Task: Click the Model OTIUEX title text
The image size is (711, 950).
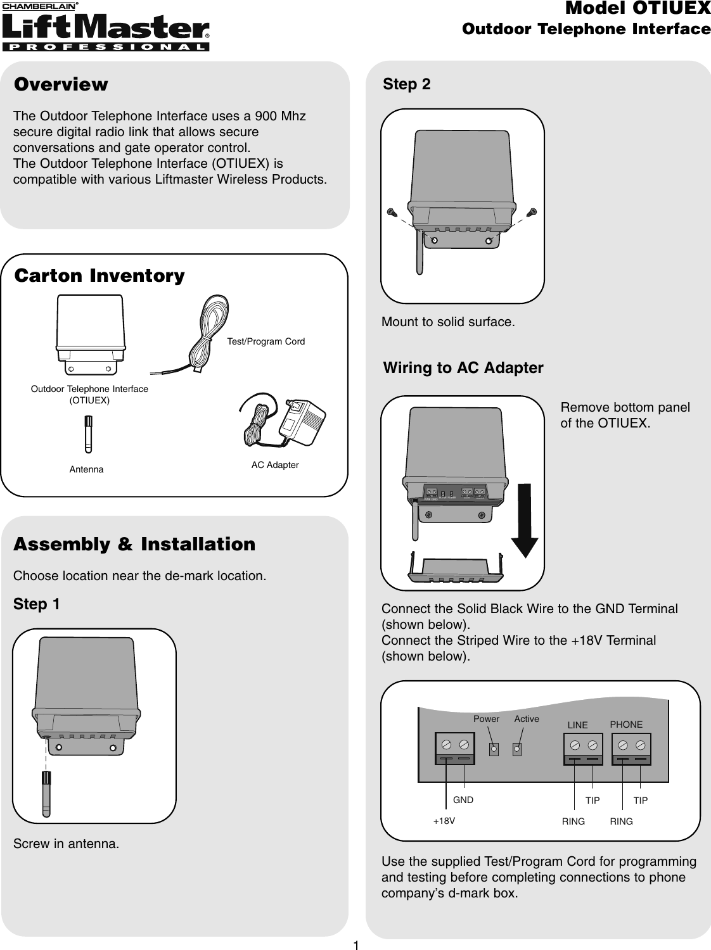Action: tap(637, 9)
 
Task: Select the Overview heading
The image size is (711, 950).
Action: tap(61, 85)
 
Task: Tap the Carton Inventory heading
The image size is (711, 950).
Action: tap(99, 276)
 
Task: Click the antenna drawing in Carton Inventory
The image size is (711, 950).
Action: tap(89, 434)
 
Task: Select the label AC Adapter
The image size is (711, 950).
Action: tap(275, 465)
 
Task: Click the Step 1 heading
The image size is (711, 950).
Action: tap(37, 604)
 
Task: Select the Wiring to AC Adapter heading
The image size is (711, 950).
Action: tap(463, 368)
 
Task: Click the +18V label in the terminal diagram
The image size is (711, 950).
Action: tap(444, 820)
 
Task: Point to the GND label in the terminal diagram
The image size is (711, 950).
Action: tap(463, 800)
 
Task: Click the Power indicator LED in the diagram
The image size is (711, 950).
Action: tap(494, 749)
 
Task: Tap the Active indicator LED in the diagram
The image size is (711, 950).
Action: tap(517, 749)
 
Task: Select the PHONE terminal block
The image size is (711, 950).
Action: tap(632, 749)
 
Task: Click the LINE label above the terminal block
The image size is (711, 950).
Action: tap(577, 725)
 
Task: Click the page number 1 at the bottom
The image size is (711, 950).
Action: tap(356, 946)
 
